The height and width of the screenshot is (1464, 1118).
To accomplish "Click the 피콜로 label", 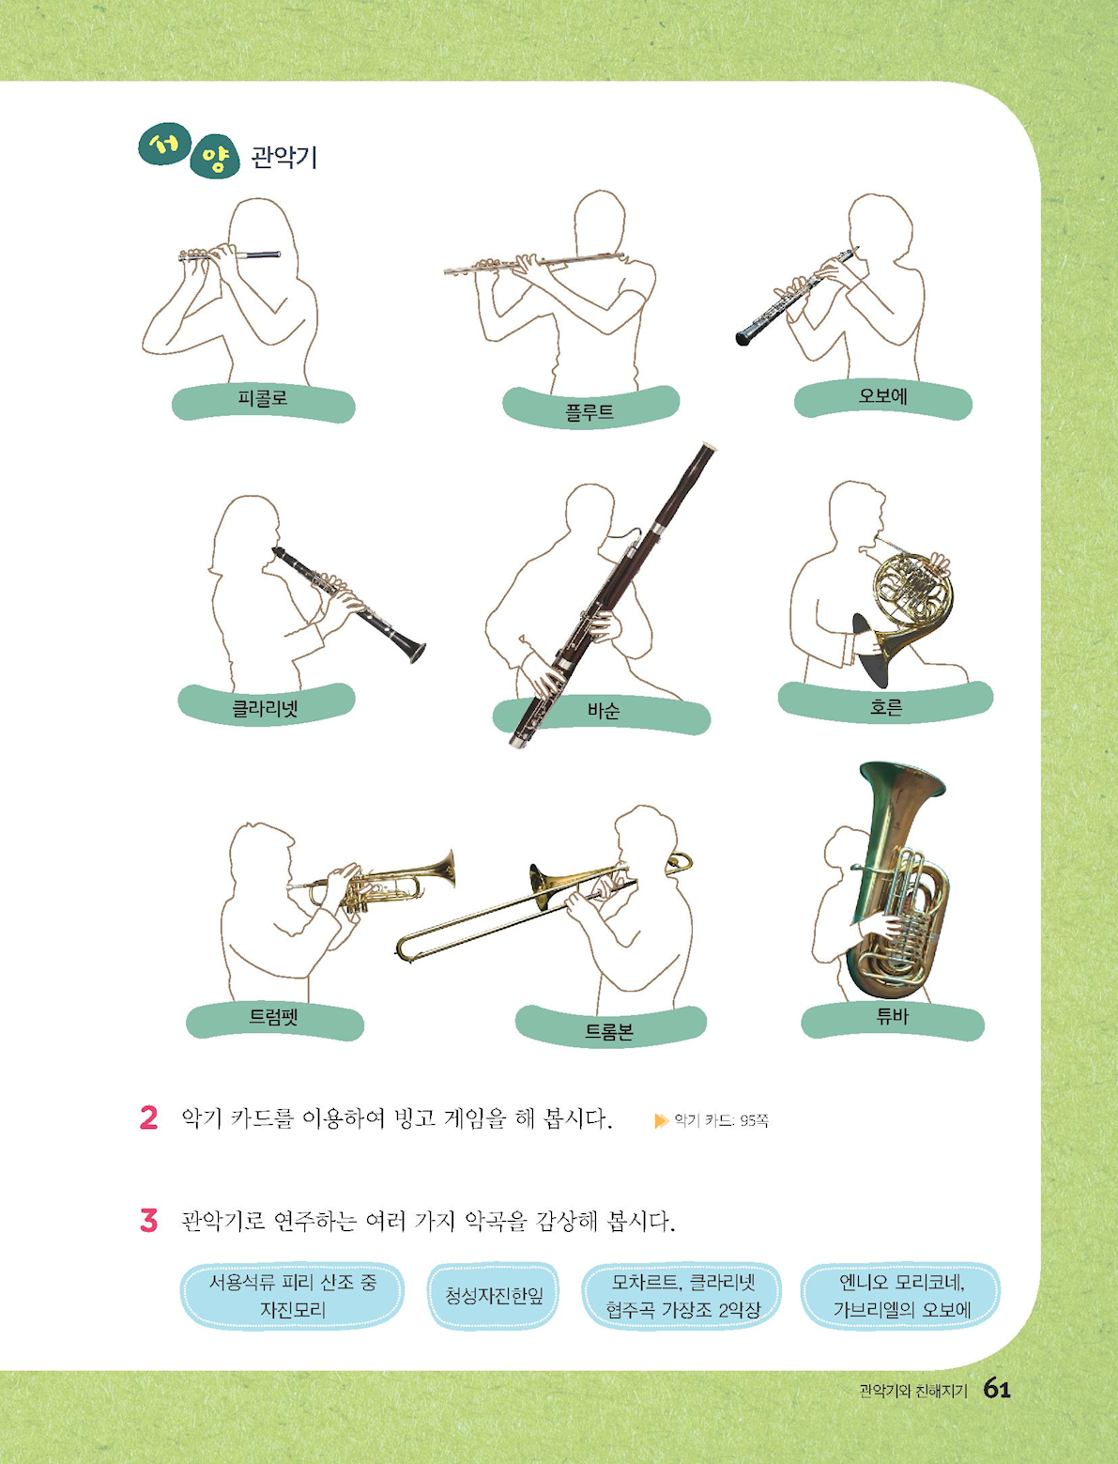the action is click(263, 399).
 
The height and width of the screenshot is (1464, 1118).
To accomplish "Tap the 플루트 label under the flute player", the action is click(590, 411).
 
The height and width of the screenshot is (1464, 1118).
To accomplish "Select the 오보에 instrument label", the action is click(882, 396).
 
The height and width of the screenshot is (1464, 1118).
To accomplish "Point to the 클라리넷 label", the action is click(265, 708).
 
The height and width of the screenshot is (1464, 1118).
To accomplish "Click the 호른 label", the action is click(886, 706).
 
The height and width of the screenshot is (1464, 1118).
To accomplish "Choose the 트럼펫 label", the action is click(274, 1016).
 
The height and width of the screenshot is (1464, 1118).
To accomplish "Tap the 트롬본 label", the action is click(608, 1032).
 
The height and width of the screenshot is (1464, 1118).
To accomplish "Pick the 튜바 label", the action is click(893, 1016).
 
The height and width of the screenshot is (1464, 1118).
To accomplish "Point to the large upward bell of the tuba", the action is click(903, 779).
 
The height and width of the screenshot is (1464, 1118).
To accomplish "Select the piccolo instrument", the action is click(229, 254).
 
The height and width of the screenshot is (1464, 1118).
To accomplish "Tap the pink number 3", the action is click(148, 1220).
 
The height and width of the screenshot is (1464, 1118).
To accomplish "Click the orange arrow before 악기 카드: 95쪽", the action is click(662, 1120).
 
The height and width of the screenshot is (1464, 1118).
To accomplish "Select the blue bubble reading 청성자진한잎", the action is click(494, 1295).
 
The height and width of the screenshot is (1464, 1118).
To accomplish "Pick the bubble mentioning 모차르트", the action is click(682, 1295).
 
